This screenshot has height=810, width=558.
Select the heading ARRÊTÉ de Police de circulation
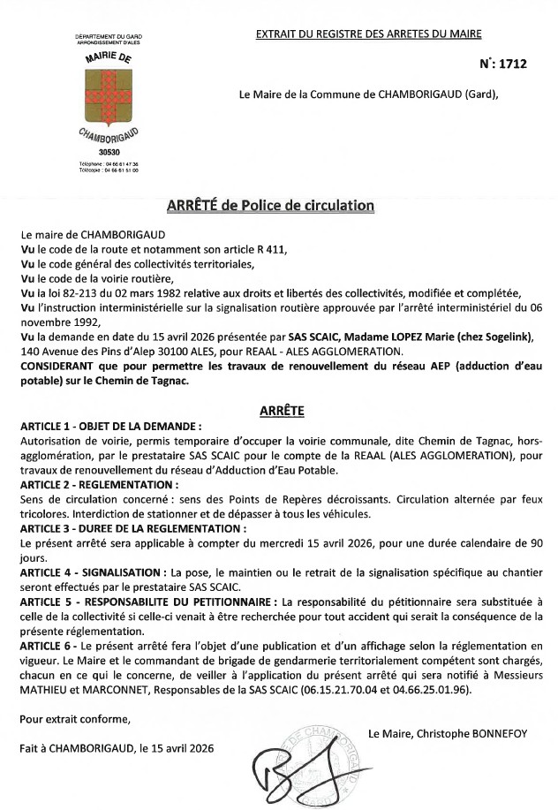click(x=270, y=206)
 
